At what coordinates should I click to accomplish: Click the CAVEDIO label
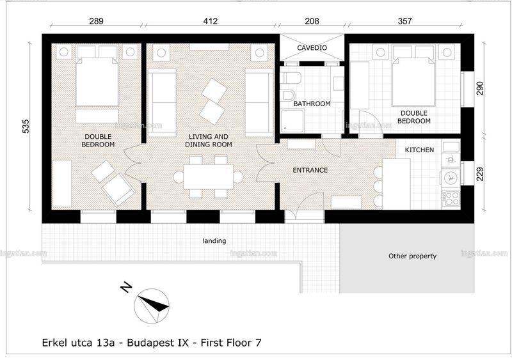point(312,48)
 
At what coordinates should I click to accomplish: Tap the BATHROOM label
point(312,104)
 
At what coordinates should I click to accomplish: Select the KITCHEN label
point(419,150)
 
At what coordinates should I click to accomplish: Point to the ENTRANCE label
point(310,170)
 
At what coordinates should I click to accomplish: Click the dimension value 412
point(211,21)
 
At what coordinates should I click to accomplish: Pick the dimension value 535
point(26,127)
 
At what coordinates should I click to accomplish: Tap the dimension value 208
point(312,21)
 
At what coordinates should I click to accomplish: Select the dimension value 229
point(479,174)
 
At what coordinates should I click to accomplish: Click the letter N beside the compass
point(126,287)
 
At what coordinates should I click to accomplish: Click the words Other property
point(412,256)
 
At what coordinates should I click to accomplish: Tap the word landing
point(214,241)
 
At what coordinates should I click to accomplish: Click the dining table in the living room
point(209,177)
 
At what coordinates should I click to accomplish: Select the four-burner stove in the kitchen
point(451,198)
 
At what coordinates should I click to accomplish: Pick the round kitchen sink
point(451,178)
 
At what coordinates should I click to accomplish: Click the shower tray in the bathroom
point(292,121)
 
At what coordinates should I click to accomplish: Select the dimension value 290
point(479,88)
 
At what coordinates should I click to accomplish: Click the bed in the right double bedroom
point(413,82)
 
